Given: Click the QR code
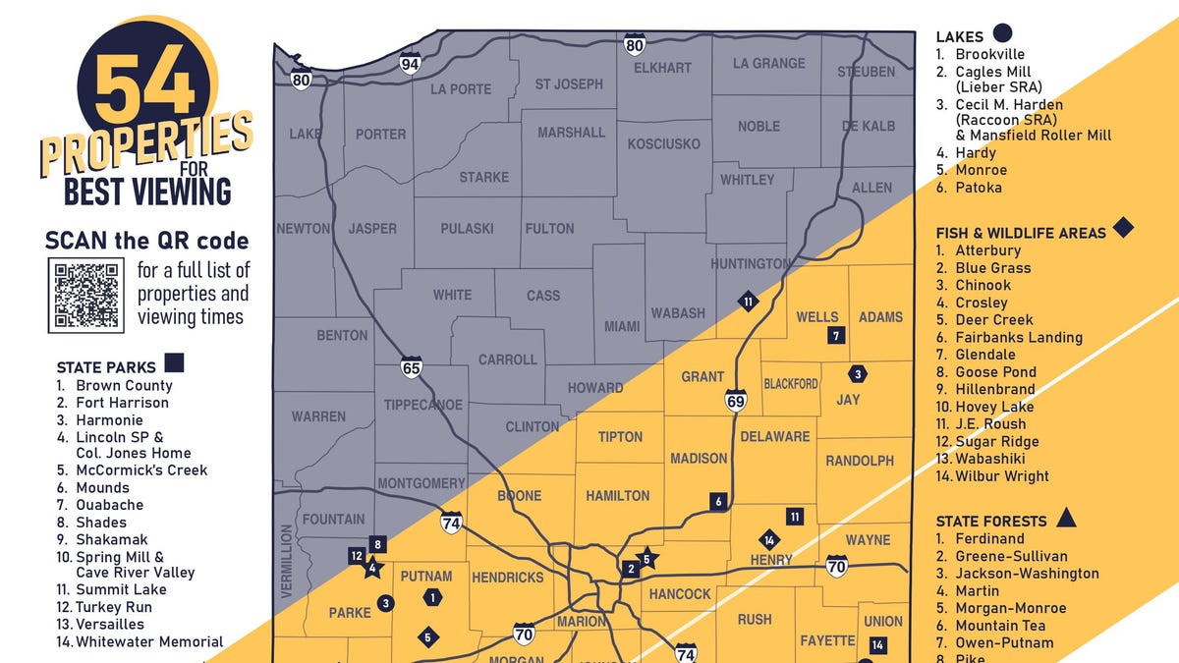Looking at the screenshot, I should pyautogui.click(x=86, y=295).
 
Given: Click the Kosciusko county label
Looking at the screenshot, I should pyautogui.click(x=663, y=143).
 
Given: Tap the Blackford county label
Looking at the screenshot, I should pyautogui.click(x=791, y=383).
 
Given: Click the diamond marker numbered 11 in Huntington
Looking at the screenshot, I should pyautogui.click(x=749, y=302).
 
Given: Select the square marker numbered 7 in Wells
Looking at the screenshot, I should pyautogui.click(x=836, y=336).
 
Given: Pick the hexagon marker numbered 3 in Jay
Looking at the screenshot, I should pyautogui.click(x=858, y=374).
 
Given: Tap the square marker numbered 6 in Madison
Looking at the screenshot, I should pyautogui.click(x=718, y=502).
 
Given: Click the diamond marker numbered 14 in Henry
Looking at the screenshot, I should pyautogui.click(x=769, y=539).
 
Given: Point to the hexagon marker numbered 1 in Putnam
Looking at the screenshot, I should pyautogui.click(x=433, y=596).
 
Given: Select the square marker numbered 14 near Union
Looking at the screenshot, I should pyautogui.click(x=877, y=645).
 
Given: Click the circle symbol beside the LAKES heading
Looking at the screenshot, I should pyautogui.click(x=1003, y=34).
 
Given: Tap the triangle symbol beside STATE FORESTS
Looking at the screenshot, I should pyautogui.click(x=1067, y=518).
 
